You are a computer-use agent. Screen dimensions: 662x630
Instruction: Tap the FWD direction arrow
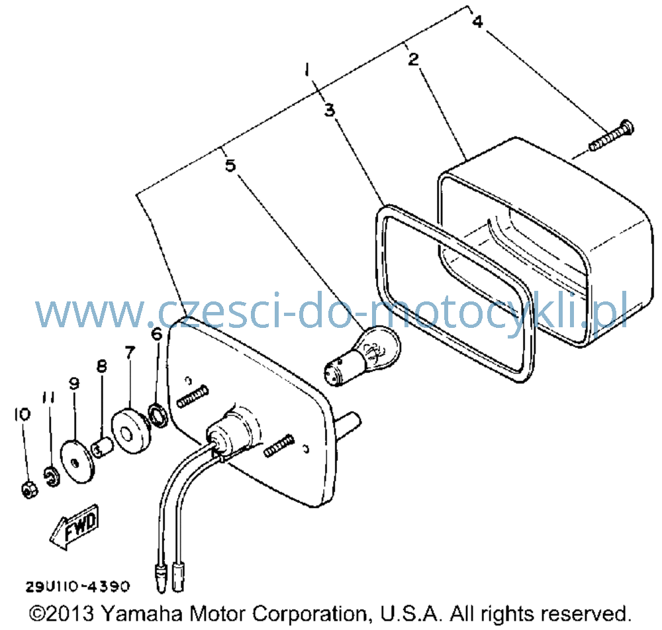75,527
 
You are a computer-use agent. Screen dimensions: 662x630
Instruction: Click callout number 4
478,21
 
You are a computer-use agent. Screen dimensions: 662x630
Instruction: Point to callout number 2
414,59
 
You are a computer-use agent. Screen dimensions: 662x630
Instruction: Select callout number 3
330,110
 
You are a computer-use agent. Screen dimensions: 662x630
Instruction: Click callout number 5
230,165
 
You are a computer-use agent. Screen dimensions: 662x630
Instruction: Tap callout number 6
157,333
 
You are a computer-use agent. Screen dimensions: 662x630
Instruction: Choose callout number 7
130,352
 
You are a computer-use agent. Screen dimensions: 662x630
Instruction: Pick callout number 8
101,366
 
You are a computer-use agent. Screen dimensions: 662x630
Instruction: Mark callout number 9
74,384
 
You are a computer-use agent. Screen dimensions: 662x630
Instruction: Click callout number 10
22,414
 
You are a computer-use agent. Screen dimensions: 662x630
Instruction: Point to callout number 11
48,397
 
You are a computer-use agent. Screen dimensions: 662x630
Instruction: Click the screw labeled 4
611,135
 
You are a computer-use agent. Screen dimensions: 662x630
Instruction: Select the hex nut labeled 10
28,490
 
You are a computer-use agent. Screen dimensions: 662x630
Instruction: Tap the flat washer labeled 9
77,462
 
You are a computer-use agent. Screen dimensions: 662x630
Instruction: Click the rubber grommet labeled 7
131,431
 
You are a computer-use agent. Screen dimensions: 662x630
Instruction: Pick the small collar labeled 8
103,448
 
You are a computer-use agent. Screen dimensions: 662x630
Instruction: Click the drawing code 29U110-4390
78,586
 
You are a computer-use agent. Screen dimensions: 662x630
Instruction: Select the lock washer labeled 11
52,476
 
